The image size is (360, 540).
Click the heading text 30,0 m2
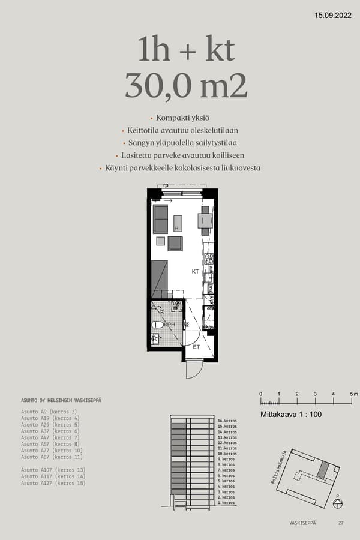coord(186,86)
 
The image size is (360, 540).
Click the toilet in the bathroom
coord(157,325)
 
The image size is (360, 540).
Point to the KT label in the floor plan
coord(195,272)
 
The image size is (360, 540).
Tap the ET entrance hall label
coord(196,347)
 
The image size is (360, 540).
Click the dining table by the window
coord(205,220)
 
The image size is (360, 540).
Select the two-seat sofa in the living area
coord(160,219)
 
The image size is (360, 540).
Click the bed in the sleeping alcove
coord(159,279)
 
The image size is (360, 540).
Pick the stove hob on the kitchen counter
coord(209,259)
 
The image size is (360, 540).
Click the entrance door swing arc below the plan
coord(193,370)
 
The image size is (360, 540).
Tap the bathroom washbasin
coord(156,340)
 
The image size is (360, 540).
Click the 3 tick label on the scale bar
coord(315,394)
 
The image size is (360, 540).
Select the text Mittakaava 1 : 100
coord(290,415)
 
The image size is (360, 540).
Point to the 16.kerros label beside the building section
coord(227,421)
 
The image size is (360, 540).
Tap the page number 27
coord(341,523)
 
